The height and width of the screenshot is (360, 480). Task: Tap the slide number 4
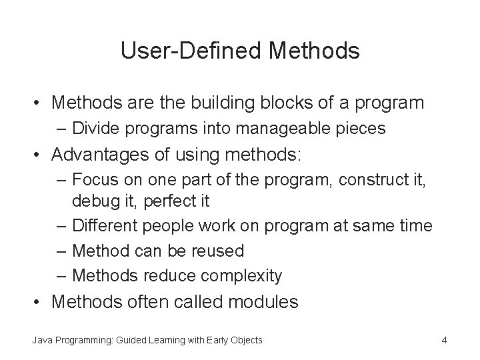click(444, 341)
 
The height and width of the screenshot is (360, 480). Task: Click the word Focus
click(93, 180)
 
